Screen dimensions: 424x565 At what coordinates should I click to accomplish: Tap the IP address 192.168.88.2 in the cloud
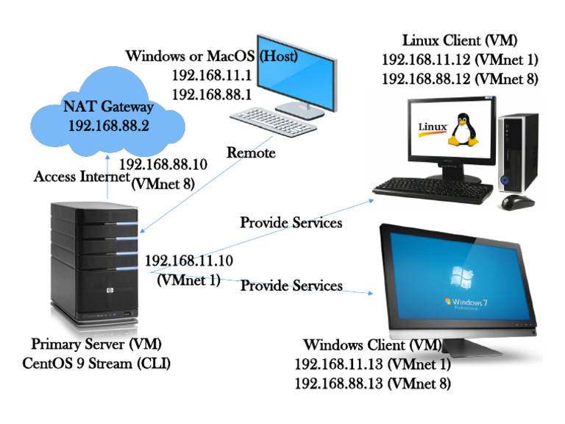pyautogui.click(x=109, y=126)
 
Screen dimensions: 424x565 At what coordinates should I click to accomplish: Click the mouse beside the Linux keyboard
pyautogui.click(x=516, y=200)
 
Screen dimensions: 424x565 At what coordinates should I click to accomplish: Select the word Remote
pyautogui.click(x=251, y=153)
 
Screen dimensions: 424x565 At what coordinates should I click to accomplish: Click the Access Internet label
pyautogui.click(x=81, y=177)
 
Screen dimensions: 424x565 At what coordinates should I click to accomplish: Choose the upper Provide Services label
pyautogui.click(x=291, y=222)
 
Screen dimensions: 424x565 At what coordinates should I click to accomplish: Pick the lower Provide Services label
pyautogui.click(x=291, y=285)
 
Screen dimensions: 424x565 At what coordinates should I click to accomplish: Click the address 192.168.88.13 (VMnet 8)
pyautogui.click(x=372, y=384)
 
